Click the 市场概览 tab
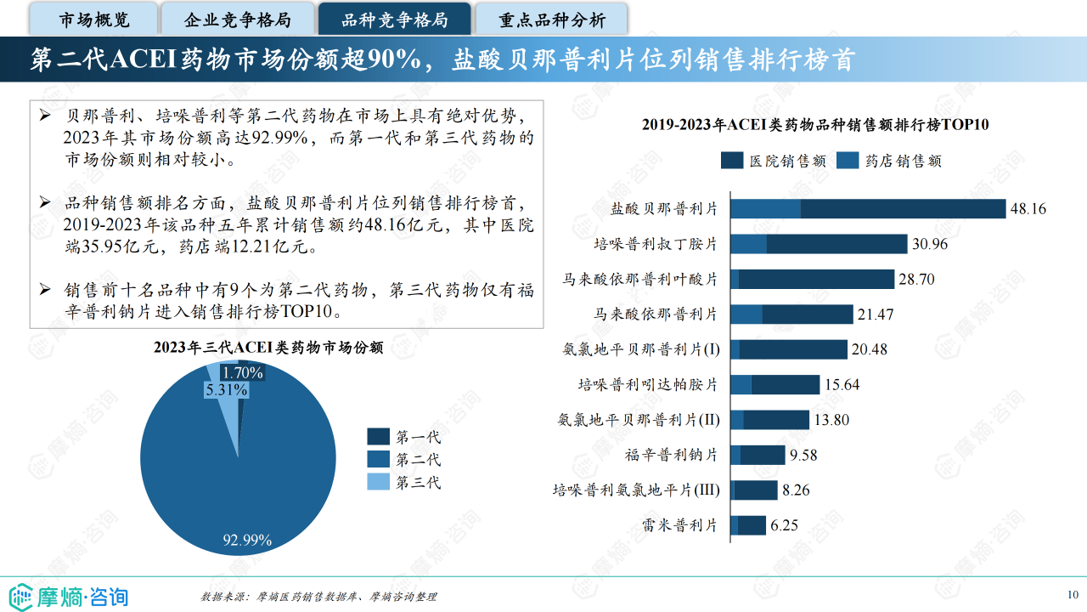pos(94,20)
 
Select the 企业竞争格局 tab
pos(238,20)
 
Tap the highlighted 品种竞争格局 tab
pos(394,20)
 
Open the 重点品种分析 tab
pos(551,20)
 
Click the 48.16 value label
pos(1028,209)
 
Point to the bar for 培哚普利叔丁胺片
pos(819,244)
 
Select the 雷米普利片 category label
pos(682,525)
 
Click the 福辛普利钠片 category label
pos(671,455)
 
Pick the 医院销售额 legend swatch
pos(731,161)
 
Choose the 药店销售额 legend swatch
pos(848,161)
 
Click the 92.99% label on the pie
pos(247,540)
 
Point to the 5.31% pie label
pos(226,390)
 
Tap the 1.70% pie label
pos(242,372)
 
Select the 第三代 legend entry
pos(403,483)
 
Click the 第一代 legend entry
pos(403,437)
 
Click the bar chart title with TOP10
pos(815,125)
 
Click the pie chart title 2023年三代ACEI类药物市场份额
pos(268,347)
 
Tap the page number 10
pos(1073,594)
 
